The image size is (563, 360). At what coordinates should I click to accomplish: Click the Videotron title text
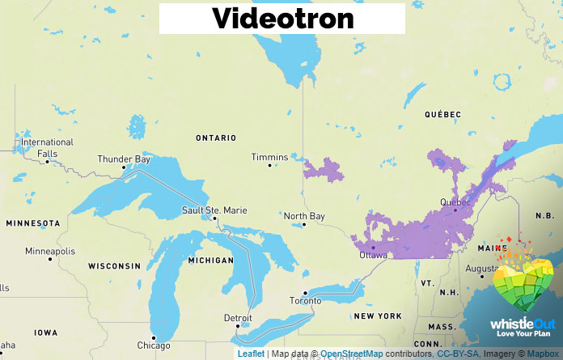[282, 18]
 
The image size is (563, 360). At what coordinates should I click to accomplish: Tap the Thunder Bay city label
[124, 159]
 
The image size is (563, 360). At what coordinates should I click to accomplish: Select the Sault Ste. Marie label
[212, 210]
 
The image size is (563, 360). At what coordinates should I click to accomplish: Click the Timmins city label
[269, 157]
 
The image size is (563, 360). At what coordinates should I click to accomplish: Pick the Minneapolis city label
[50, 251]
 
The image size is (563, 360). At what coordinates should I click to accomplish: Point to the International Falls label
[47, 147]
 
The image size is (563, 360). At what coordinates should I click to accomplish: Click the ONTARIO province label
[216, 138]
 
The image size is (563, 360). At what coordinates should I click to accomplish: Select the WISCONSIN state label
[115, 266]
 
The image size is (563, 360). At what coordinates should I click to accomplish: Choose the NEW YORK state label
[377, 316]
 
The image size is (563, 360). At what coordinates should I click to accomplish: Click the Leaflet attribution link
[251, 354]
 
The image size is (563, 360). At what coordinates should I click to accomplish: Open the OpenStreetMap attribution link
[351, 354]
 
